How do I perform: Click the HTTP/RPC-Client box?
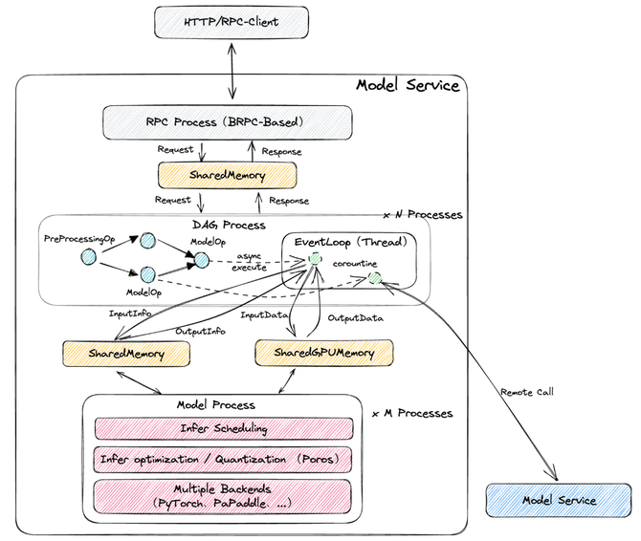(231, 21)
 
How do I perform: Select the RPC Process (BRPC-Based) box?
(227, 122)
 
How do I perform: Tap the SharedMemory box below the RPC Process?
(227, 176)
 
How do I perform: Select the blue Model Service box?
(559, 500)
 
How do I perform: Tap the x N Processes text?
(422, 215)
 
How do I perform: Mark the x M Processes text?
(412, 413)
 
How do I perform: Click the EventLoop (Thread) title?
(351, 242)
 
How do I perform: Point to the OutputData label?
(355, 318)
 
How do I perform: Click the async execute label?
(250, 262)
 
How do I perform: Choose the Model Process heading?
(223, 405)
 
